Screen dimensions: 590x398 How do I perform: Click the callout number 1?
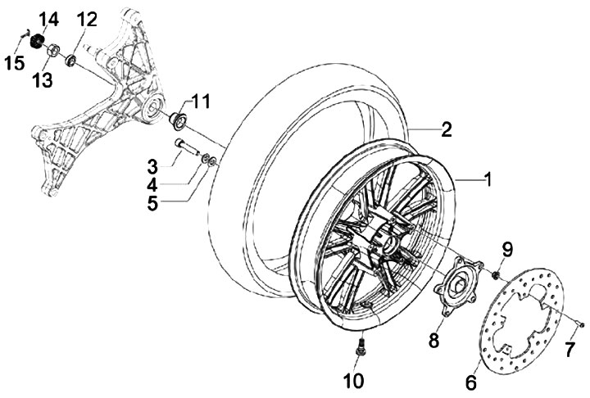[x=488, y=179]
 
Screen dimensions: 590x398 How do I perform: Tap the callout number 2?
[x=446, y=129]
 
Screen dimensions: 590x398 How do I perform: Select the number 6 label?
[x=471, y=382]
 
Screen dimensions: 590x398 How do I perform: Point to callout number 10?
[x=354, y=380]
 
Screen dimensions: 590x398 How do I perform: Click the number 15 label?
[x=15, y=63]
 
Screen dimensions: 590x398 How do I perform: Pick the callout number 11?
[x=201, y=102]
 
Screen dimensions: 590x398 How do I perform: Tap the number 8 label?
[x=433, y=341]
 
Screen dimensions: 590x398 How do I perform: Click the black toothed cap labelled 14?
[x=37, y=40]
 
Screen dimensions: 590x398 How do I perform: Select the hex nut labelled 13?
[x=53, y=50]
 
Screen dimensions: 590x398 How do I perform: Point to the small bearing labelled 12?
[x=70, y=60]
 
